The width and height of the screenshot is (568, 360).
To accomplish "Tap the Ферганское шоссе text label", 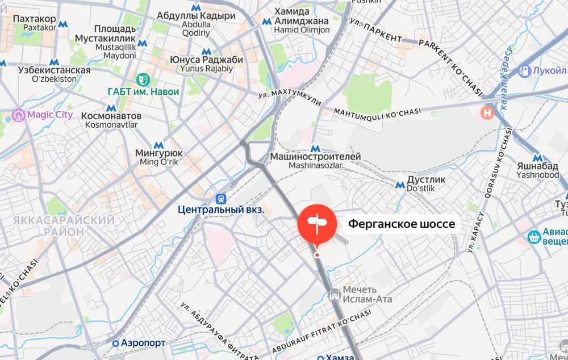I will pyautogui.click(x=402, y=224).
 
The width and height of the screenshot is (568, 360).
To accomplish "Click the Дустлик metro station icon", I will pyautogui.click(x=400, y=184).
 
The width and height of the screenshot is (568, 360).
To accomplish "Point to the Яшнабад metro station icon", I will pyautogui.click(x=537, y=158).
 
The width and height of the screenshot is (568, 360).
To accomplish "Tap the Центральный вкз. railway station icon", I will pyautogui.click(x=220, y=199).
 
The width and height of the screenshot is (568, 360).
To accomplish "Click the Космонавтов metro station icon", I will pyautogui.click(x=111, y=107).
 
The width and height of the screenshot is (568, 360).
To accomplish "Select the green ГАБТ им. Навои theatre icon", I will pyautogui.click(x=142, y=79).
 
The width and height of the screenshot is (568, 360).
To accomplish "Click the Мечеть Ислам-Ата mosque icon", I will pyautogui.click(x=335, y=294).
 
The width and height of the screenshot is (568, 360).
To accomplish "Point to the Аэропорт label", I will pyautogui.click(x=140, y=343).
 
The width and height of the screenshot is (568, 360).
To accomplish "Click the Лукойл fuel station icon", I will pyautogui.click(x=524, y=71).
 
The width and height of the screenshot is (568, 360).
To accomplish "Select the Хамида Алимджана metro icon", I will pyautogui.click(x=267, y=21).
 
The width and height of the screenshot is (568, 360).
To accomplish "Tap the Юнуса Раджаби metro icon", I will pyautogui.click(x=206, y=51).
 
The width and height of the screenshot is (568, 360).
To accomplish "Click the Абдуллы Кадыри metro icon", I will pyautogui.click(x=196, y=7).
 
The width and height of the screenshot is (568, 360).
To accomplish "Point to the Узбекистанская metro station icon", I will pyautogui.click(x=54, y=62).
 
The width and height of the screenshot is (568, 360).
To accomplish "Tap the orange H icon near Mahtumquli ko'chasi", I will pyautogui.click(x=487, y=112).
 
